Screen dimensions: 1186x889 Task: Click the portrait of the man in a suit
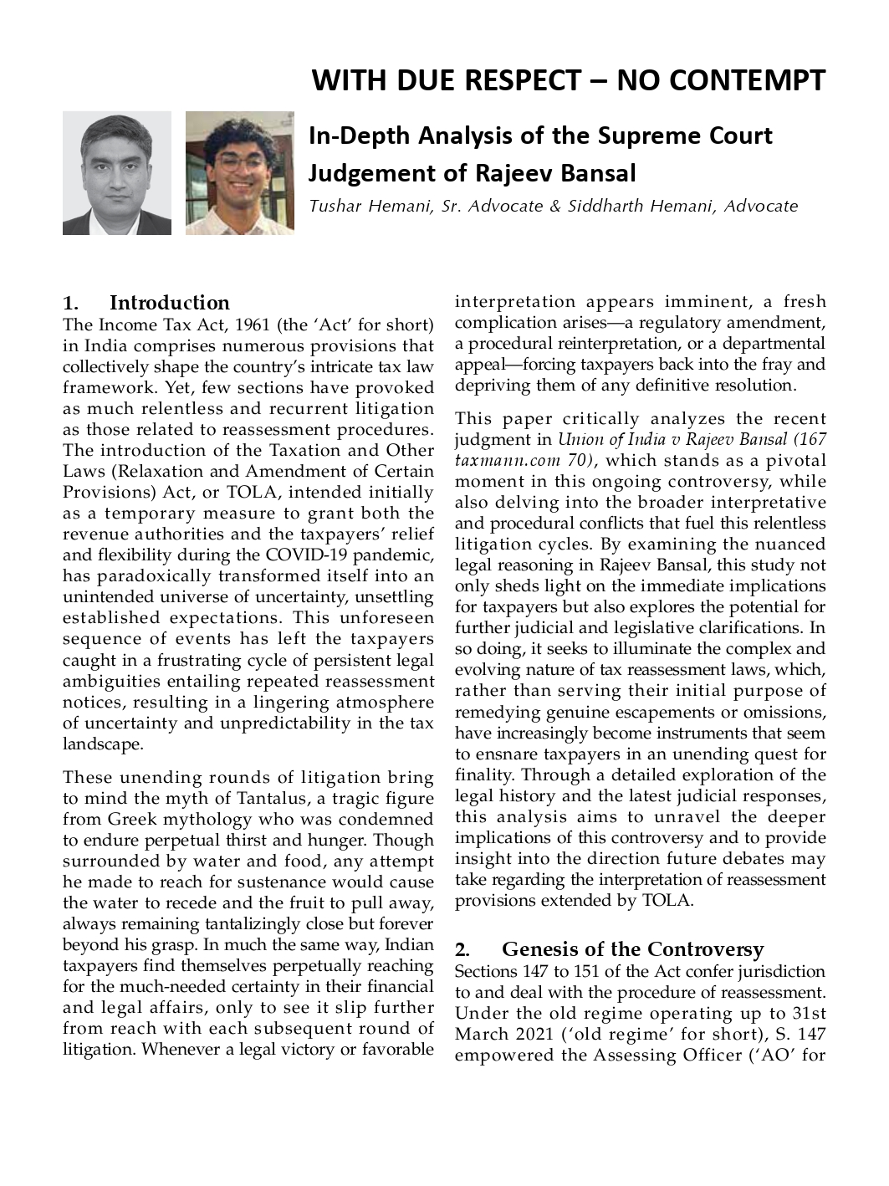click(x=116, y=173)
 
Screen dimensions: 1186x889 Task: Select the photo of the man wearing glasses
click(x=239, y=173)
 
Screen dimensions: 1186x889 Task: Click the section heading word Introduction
click(x=170, y=303)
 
